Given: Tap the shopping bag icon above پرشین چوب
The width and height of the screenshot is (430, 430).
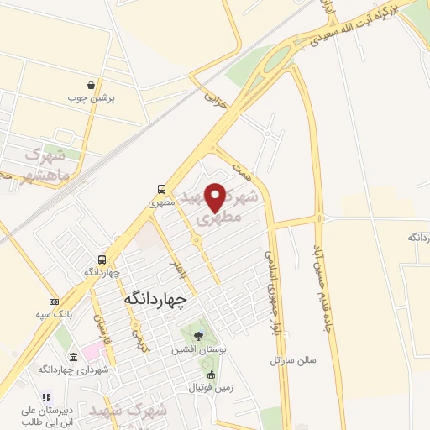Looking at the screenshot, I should [x=91, y=85].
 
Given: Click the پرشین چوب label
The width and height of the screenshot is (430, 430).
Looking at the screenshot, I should [x=92, y=98].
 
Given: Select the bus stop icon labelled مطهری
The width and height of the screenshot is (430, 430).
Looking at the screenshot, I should [x=160, y=189].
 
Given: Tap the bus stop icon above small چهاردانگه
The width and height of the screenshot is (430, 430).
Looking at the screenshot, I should [x=102, y=260].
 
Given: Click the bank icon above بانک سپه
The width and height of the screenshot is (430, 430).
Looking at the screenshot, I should [x=55, y=302].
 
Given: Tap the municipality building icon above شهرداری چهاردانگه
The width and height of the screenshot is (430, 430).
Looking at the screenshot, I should [x=73, y=357].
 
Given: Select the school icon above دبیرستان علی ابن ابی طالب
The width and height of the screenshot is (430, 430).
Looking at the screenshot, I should [x=47, y=397].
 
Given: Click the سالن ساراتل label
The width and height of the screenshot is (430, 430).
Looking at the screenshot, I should [x=293, y=360].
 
